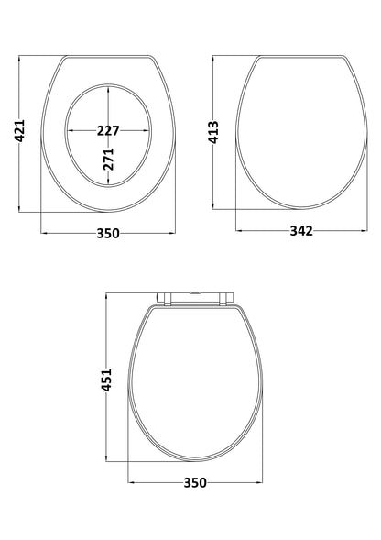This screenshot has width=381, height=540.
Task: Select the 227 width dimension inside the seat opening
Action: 108,130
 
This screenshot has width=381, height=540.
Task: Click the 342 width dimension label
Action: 301,231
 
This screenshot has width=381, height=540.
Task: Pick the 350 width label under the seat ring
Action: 108,233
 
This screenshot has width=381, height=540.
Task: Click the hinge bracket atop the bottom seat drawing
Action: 193,296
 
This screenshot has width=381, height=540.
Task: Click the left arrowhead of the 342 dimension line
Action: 238,231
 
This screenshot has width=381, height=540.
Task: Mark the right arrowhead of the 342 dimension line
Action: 365,231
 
